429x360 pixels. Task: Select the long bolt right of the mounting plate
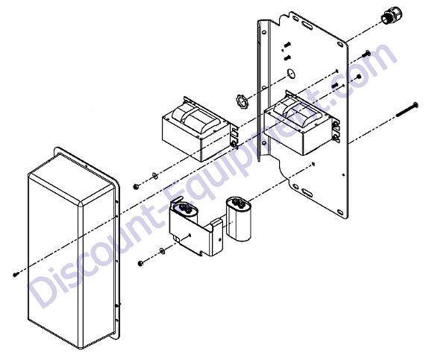click(407, 110)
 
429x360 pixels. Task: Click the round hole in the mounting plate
click(290, 73)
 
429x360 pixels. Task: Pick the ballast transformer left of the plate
click(200, 129)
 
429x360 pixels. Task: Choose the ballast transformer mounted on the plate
click(302, 122)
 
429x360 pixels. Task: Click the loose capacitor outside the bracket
click(239, 219)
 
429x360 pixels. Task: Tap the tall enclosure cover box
click(74, 247)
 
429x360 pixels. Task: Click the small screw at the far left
click(16, 274)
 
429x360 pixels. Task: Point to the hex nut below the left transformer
click(136, 186)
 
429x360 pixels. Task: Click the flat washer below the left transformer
click(154, 175)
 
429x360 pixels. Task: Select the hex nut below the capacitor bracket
click(140, 264)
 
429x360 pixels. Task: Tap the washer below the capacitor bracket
click(162, 250)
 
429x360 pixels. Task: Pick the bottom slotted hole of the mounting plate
click(307, 192)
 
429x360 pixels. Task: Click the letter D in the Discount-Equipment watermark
click(43, 291)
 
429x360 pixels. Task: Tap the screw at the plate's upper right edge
click(366, 54)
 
